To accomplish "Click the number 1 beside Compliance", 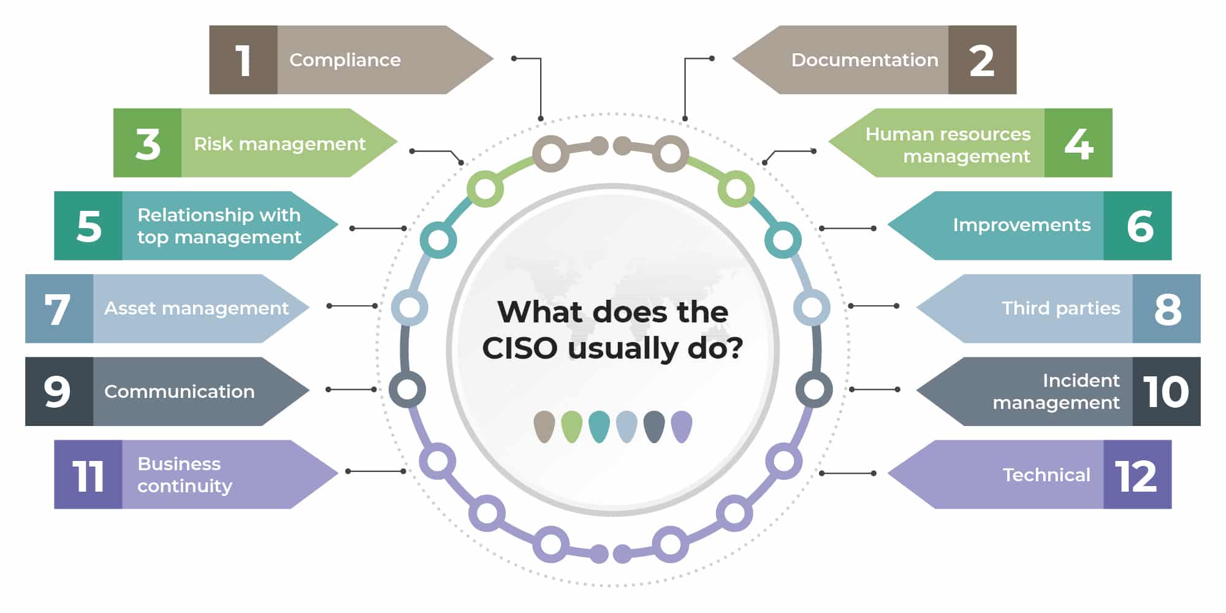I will [x=243, y=60].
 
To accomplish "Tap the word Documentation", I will [x=864, y=60].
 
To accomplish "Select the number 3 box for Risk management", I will [x=148, y=143].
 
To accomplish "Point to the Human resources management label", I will [x=948, y=145].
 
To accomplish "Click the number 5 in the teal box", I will [x=89, y=226].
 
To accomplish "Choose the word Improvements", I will [x=1021, y=225].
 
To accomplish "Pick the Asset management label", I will [x=196, y=308].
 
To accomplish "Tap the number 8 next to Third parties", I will [x=1167, y=309].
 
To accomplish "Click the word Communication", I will [x=179, y=392].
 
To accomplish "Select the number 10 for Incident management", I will [x=1166, y=392].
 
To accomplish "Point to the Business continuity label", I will [x=185, y=474].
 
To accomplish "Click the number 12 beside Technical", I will [x=1136, y=475].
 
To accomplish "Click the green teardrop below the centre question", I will [x=571, y=426].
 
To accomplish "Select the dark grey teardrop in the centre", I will [x=654, y=426].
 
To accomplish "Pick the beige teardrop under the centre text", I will [x=544, y=426].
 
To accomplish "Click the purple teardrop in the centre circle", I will [x=682, y=426].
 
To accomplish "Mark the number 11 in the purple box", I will [x=88, y=475].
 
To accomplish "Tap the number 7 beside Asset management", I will [x=58, y=309].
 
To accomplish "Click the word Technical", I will [x=1046, y=475].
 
